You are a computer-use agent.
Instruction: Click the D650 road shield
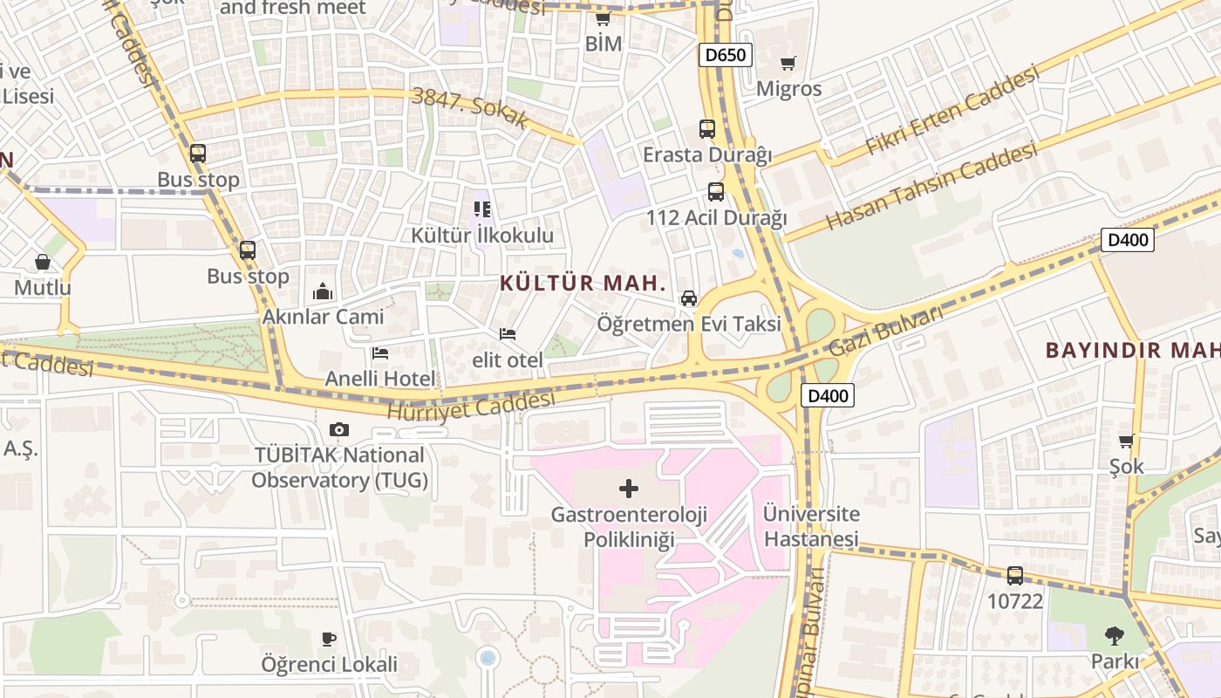[x=725, y=56]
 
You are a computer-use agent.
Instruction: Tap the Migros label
[x=788, y=89]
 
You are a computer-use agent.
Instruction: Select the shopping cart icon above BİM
[x=603, y=17]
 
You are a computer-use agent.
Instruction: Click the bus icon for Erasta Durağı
[x=707, y=129]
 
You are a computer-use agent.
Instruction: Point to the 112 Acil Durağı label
[x=716, y=217]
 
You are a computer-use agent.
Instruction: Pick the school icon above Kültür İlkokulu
[x=482, y=209]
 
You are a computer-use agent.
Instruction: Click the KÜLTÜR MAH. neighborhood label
[x=583, y=284]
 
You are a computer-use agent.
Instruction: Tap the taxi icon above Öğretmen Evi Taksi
[x=689, y=298]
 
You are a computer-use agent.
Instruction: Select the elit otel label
[x=508, y=359]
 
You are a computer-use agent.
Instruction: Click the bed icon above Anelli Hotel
[x=380, y=353]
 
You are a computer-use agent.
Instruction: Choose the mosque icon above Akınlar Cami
[x=323, y=291]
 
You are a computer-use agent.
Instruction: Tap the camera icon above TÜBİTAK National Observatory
[x=339, y=429]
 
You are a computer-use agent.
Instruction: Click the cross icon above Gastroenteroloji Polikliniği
[x=629, y=489]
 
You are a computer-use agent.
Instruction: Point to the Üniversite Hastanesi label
[x=811, y=526]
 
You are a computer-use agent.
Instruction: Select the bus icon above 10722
[x=1015, y=576]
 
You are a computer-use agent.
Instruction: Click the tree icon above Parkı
[x=1114, y=636]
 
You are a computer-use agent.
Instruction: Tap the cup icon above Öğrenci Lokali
[x=329, y=639]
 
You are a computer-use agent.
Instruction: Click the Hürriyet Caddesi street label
[x=471, y=405]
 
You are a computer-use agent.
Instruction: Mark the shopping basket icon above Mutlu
[x=43, y=262]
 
